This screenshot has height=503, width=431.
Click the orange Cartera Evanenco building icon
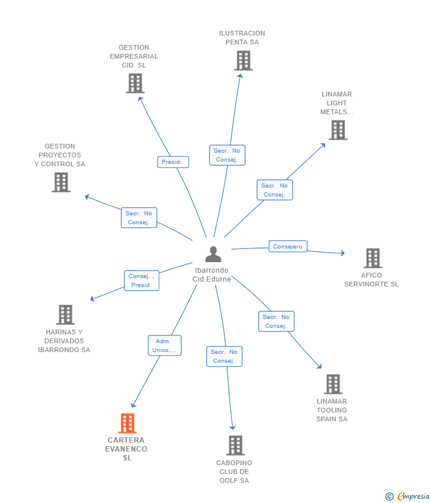[x=127, y=423]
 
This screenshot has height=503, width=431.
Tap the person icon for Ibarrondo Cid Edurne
[x=213, y=254]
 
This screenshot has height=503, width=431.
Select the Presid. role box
[x=173, y=162]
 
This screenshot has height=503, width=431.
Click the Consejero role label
[x=288, y=246]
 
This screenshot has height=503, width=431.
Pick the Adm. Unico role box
[x=165, y=346]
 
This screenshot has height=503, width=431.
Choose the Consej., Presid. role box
[x=141, y=280]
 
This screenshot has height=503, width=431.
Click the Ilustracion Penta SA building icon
[x=243, y=60]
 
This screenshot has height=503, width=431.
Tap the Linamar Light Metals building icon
[x=338, y=130]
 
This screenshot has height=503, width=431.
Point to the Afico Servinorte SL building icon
[x=373, y=258]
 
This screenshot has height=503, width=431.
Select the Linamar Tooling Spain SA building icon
[x=333, y=384]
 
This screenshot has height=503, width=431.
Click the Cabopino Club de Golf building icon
[x=236, y=445]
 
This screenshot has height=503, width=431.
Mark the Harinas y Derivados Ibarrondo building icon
[x=66, y=315]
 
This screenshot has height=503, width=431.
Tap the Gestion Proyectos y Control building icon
[x=62, y=182]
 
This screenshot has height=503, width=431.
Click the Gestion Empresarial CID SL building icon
[x=135, y=83]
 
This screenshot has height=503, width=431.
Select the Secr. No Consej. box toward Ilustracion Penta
[x=227, y=155]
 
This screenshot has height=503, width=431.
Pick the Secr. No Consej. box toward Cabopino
[x=224, y=356]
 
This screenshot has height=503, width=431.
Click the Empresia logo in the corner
[x=407, y=496]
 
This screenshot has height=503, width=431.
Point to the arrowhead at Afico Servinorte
[x=343, y=253]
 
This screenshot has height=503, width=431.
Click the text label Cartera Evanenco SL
[x=126, y=449]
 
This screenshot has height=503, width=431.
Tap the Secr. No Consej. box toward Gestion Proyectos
[x=139, y=218]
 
